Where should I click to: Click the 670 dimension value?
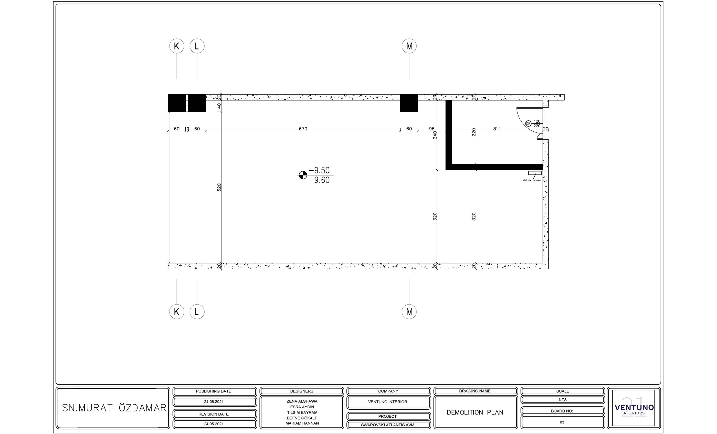303,129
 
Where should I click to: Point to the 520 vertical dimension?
219,187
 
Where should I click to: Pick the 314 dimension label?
497,129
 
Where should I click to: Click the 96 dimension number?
431,129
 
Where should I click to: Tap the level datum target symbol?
303,175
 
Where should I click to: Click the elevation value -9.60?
319,180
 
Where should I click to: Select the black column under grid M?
409,103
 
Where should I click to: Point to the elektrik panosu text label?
532,180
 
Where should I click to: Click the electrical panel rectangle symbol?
535,173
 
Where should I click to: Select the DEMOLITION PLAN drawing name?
475,412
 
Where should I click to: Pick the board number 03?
562,422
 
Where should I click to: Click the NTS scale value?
563,400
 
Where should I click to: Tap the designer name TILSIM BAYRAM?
302,412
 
